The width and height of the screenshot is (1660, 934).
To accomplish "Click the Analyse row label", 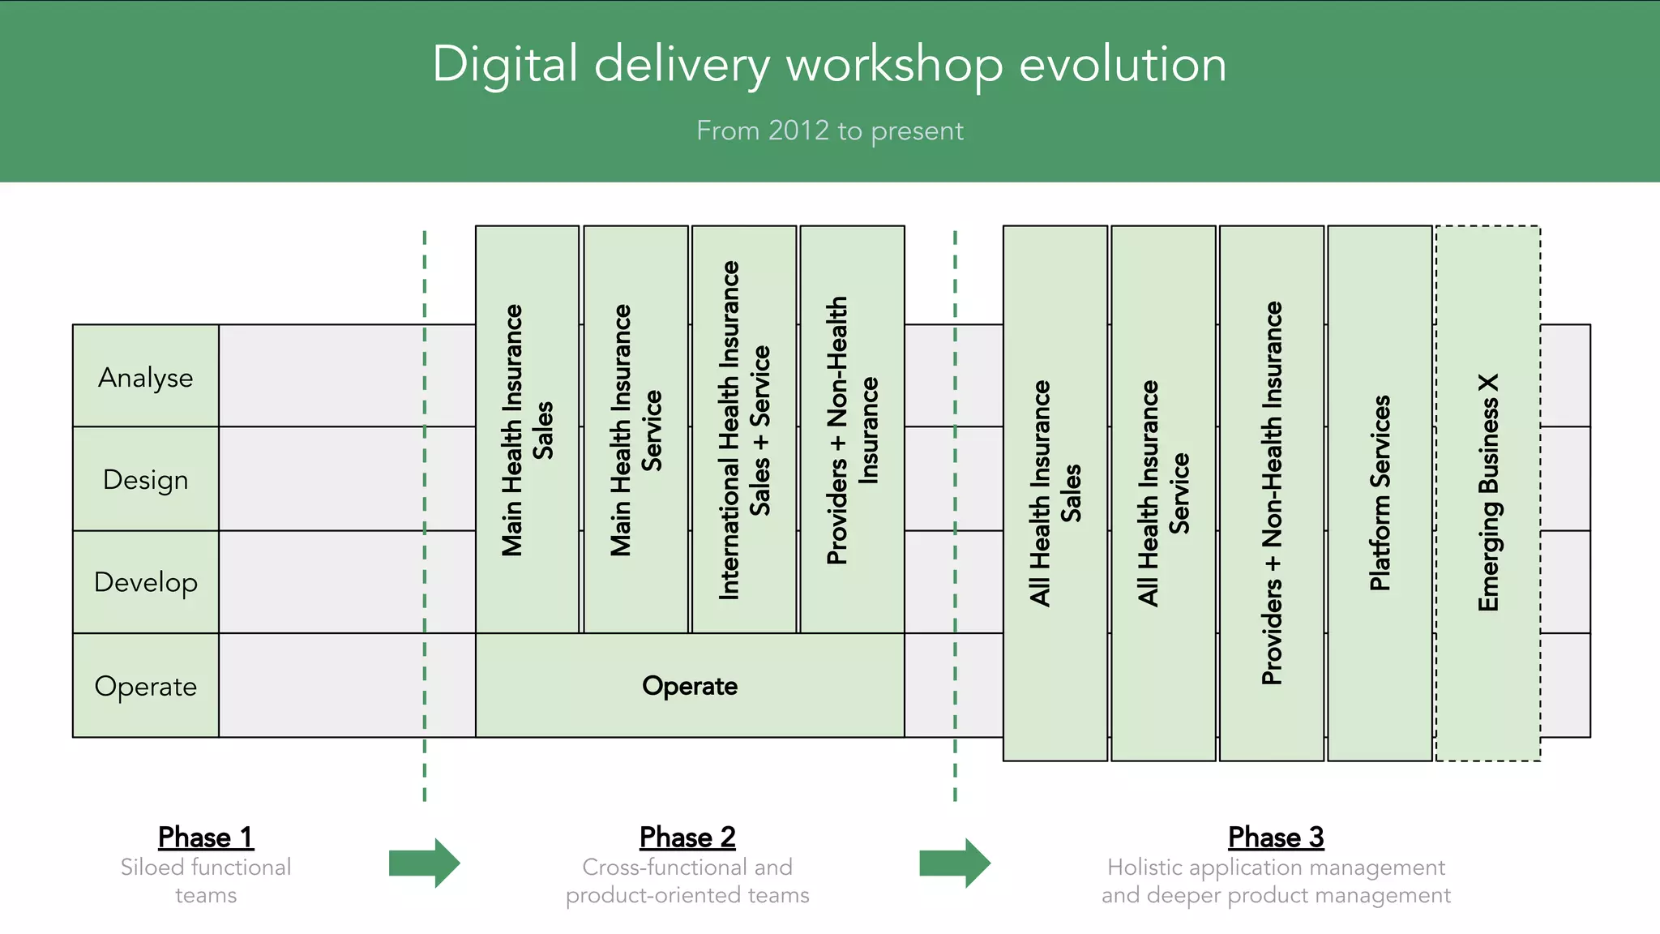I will (x=146, y=377).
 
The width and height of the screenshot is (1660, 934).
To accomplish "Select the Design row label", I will (x=146, y=479).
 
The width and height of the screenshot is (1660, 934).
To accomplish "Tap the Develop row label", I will (x=146, y=582).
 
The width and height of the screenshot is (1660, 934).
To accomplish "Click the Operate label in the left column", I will (x=146, y=686).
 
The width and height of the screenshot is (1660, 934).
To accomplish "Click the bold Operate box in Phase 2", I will (x=690, y=686).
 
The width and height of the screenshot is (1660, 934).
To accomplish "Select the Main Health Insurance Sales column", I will (x=527, y=430).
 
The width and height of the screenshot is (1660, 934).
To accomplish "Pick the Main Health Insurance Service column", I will (x=635, y=430).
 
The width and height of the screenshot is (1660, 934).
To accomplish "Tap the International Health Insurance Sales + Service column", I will (x=744, y=430).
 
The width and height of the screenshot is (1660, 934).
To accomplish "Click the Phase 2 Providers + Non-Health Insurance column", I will (x=852, y=430).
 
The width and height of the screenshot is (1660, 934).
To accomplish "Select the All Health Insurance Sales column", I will (x=1055, y=493).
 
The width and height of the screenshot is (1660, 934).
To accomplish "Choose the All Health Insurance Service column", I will (x=1163, y=493).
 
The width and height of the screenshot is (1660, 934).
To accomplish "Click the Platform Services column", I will (x=1380, y=493).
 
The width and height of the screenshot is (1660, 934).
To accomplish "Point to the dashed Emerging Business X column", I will (x=1488, y=493).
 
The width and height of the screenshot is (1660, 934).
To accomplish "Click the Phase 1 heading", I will (x=206, y=837).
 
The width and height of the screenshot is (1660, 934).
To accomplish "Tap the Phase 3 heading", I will (x=1276, y=837).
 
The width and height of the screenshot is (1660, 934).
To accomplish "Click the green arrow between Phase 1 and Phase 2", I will (x=424, y=863).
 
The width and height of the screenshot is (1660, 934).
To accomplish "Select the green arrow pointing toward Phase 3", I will (x=955, y=863).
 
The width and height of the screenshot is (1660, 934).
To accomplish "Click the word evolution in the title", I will (x=1123, y=65).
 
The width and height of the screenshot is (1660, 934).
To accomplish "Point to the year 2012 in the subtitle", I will (x=798, y=131).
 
